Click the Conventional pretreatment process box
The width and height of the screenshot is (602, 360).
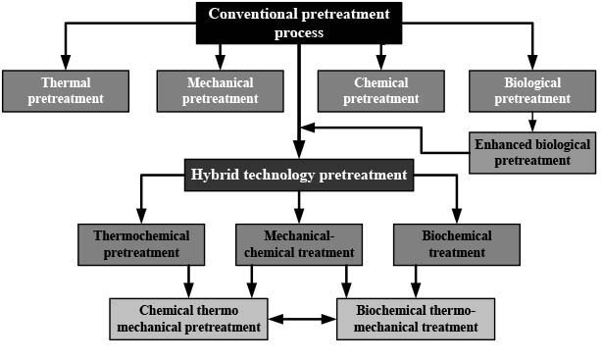(299, 24)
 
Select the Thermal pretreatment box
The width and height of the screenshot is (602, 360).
(66, 91)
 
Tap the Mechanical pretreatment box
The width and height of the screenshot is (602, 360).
(220, 91)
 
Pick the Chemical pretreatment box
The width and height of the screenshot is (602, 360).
(380, 91)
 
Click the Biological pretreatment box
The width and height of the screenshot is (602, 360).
(532, 91)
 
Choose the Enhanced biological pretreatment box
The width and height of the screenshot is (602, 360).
(532, 152)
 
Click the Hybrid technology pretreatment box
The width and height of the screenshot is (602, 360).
(299, 175)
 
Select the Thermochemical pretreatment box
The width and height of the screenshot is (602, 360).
(141, 244)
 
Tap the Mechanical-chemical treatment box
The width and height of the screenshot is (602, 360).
(299, 244)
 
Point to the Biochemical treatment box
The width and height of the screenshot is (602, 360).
(457, 244)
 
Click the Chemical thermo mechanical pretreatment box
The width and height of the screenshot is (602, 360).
(188, 319)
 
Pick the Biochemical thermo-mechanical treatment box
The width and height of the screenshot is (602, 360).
(416, 319)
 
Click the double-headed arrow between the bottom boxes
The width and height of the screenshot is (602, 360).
(302, 319)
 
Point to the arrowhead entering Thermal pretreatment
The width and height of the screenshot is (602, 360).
(66, 62)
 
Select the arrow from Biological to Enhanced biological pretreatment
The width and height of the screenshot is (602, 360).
(532, 123)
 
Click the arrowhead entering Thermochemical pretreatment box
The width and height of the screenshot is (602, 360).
(141, 216)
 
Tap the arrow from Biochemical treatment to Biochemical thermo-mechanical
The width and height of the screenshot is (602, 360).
(416, 282)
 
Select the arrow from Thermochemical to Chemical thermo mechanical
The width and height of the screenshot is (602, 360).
(188, 282)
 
